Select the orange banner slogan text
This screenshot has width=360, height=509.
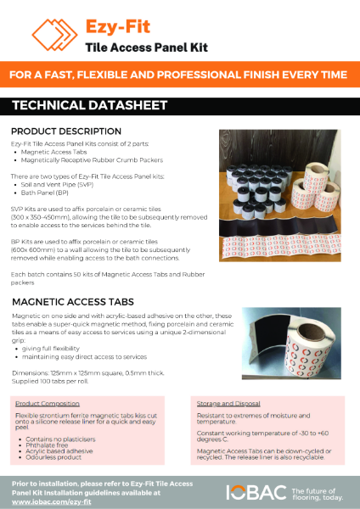180,76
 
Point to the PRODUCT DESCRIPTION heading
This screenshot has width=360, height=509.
65,132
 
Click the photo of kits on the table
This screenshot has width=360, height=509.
284,183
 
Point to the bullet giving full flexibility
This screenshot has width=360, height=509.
52,348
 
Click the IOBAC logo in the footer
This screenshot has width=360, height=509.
254,492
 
